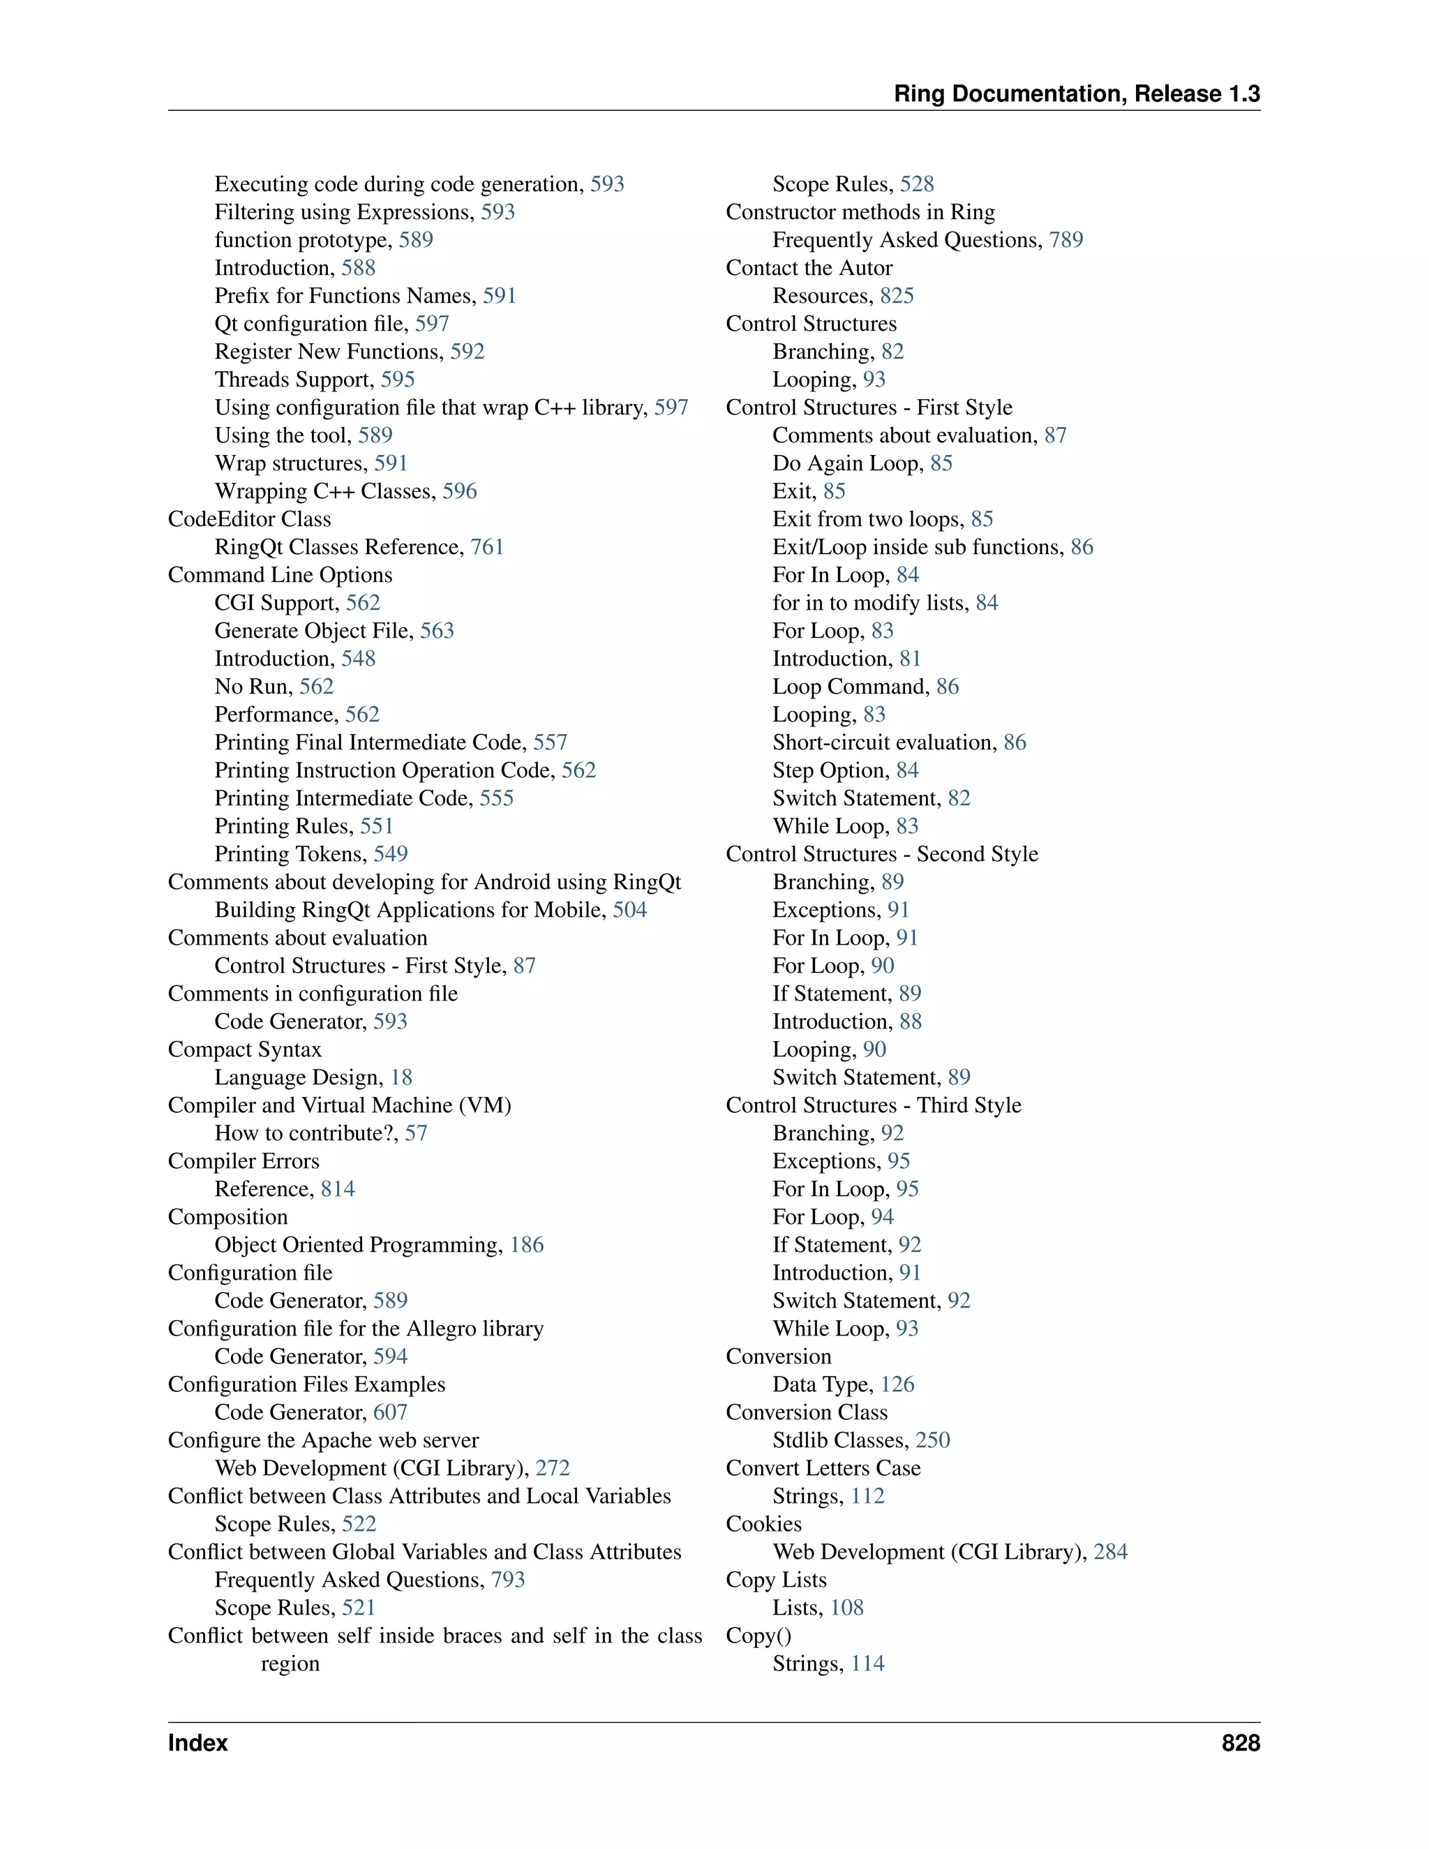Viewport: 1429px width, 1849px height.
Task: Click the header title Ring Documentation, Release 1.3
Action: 1077,94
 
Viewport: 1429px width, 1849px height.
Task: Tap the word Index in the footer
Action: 198,1742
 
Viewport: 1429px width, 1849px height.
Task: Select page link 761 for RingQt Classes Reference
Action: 487,547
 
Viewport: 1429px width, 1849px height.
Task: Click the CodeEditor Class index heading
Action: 249,519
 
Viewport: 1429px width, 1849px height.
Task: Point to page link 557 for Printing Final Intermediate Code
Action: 551,742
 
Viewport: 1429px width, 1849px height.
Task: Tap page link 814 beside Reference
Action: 338,1189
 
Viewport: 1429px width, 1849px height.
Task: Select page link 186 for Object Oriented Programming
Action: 527,1245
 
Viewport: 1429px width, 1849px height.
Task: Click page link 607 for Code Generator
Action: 390,1412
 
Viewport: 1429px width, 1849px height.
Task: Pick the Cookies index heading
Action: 763,1524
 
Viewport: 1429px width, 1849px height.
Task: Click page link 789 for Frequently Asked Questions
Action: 1066,239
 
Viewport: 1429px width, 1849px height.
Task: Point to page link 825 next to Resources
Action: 897,295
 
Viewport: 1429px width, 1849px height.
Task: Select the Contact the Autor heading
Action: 809,267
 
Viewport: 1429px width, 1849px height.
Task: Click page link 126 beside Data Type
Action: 897,1384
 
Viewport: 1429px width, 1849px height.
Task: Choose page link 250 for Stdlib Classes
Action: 933,1440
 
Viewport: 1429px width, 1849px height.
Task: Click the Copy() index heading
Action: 758,1635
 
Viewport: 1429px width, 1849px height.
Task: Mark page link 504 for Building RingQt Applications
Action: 630,909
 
